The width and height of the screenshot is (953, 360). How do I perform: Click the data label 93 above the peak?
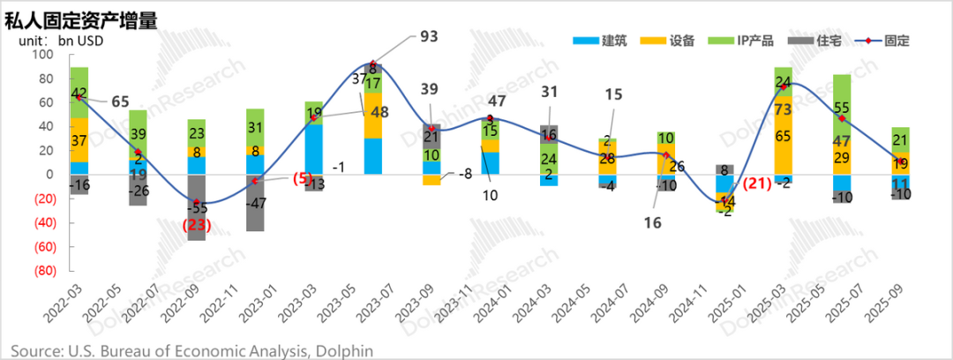pos(428,36)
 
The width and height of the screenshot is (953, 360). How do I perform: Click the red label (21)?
pos(755,184)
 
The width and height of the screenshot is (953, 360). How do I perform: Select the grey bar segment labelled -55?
pos(195,208)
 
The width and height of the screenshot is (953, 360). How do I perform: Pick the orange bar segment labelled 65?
pos(782,137)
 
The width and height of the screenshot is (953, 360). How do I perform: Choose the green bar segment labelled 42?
pos(79,93)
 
